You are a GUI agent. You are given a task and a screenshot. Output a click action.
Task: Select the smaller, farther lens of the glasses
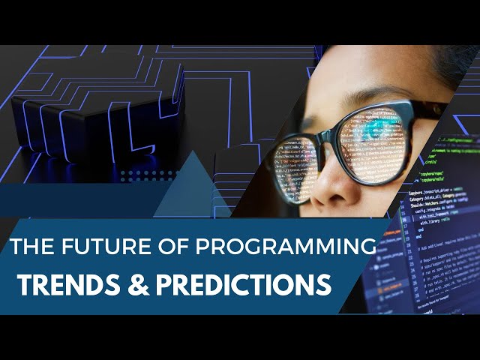pyautogui.click(x=295, y=168)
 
